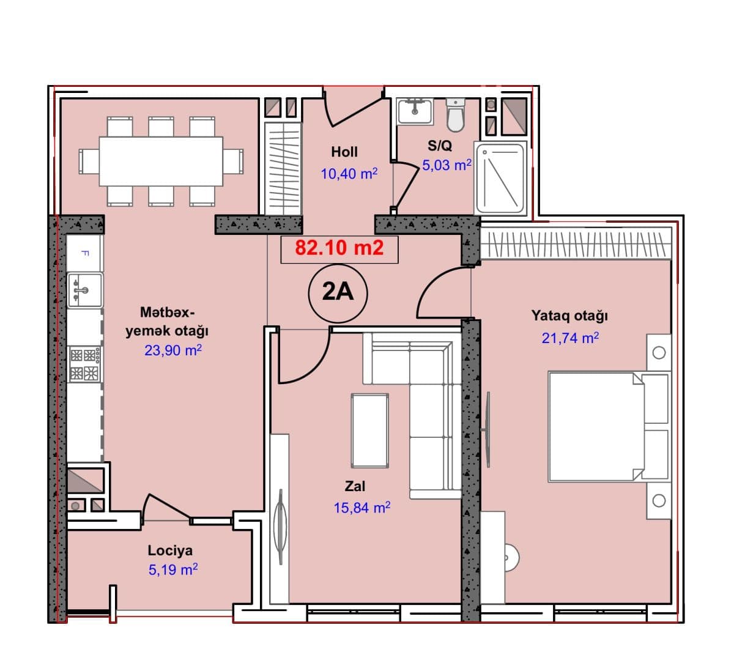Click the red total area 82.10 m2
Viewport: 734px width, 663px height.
pos(339,248)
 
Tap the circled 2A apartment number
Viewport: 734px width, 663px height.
pos(338,293)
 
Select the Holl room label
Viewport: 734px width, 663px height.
pos(344,152)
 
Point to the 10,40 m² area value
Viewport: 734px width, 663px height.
pos(349,174)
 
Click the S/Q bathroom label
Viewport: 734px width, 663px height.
pos(440,146)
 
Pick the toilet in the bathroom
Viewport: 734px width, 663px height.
pos(455,114)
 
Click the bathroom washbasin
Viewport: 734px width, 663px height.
pos(415,111)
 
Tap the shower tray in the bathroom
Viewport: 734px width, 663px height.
pos(500,178)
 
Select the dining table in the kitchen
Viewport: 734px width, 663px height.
pos(161,161)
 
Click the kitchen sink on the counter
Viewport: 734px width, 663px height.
pos(85,291)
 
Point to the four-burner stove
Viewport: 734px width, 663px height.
pos(85,365)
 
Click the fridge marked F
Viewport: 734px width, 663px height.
pos(84,253)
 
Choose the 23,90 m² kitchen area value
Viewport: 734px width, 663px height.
pos(173,350)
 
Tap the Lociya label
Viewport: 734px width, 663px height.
pos(170,550)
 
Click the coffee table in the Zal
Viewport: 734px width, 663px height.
pos(369,431)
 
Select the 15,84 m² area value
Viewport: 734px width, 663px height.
pos(362,508)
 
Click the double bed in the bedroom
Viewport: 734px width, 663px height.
pos(609,427)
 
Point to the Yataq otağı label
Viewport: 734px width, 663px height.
pos(569,316)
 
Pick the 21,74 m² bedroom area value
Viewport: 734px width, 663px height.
pos(570,338)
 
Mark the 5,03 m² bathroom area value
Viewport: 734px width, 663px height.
pos(447,165)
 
